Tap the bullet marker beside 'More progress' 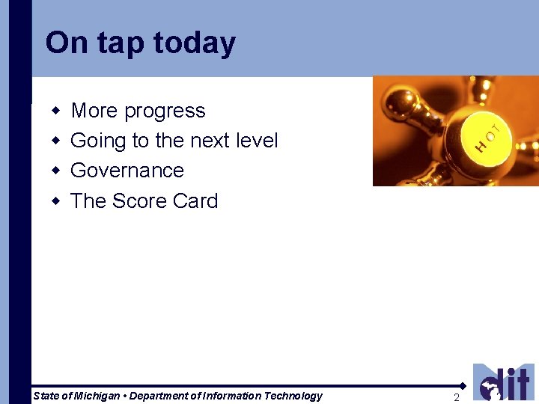tap(55, 111)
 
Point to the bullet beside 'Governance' tap(55, 171)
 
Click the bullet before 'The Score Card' tap(55, 201)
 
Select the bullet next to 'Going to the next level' tap(55, 141)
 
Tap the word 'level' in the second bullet tap(256, 141)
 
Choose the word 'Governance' tap(127, 171)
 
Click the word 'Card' tap(195, 201)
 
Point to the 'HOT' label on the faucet tap(487, 135)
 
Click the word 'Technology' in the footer tap(294, 396)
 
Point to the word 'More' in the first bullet tap(94, 111)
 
